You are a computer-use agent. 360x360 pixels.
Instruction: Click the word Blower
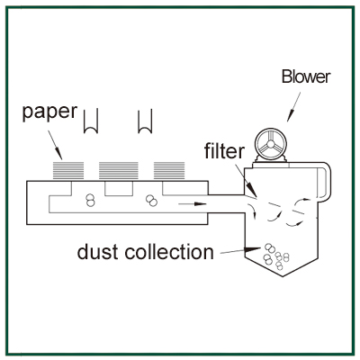click(x=306, y=76)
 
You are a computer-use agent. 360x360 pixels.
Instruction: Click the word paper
click(x=49, y=112)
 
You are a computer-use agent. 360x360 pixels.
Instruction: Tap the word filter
click(x=224, y=150)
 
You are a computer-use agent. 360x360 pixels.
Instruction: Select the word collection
click(x=169, y=252)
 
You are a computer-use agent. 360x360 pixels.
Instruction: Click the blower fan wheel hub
click(x=271, y=144)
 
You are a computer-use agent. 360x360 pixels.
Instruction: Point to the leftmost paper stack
click(x=68, y=171)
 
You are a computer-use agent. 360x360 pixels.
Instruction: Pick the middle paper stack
click(x=119, y=171)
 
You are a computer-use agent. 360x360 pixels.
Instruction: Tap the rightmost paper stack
click(x=169, y=171)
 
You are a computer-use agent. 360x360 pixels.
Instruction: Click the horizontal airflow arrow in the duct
click(x=193, y=204)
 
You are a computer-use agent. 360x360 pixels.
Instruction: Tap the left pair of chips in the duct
click(x=90, y=200)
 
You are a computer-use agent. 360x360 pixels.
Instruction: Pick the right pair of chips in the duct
click(x=151, y=201)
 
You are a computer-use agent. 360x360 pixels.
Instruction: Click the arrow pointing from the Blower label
click(x=293, y=107)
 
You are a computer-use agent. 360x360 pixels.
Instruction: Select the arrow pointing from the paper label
click(x=55, y=145)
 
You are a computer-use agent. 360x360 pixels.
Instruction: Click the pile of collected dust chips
click(x=276, y=256)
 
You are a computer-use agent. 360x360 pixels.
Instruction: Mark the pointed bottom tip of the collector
click(x=283, y=276)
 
